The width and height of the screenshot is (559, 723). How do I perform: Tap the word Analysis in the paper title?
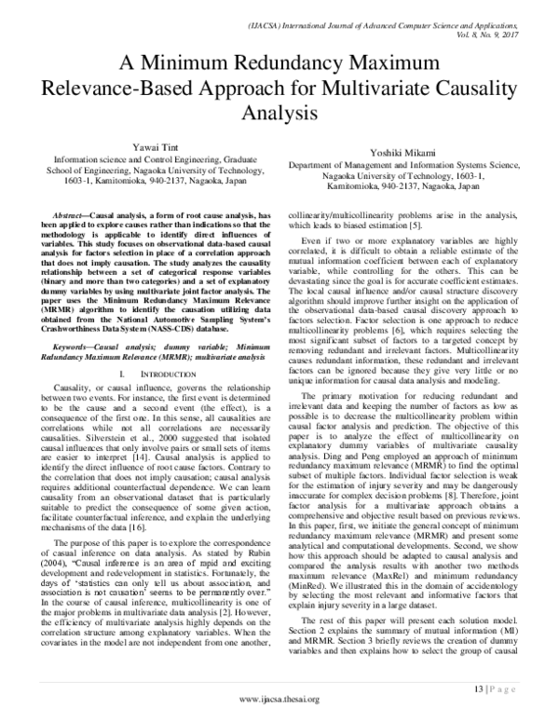279,113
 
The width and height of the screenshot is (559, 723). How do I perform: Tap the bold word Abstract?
75,214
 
